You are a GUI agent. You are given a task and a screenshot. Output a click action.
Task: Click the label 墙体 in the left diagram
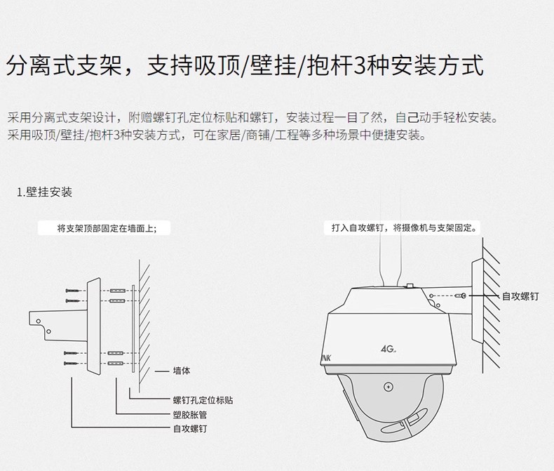181,371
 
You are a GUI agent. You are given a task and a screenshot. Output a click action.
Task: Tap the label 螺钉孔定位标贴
203,400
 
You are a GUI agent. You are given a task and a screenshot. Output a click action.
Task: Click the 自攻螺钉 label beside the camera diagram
520,297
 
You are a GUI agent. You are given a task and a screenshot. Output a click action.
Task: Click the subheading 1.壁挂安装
45,192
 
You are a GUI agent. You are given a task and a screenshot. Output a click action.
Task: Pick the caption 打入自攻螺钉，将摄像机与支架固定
405,228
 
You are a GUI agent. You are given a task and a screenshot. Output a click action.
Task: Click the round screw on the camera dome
388,387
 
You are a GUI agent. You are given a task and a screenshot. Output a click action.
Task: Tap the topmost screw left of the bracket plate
72,291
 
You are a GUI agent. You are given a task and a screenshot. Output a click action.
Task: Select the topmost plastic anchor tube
117,290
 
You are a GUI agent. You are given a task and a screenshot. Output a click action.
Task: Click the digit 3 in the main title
361,67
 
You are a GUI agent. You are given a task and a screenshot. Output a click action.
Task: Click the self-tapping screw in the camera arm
463,297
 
